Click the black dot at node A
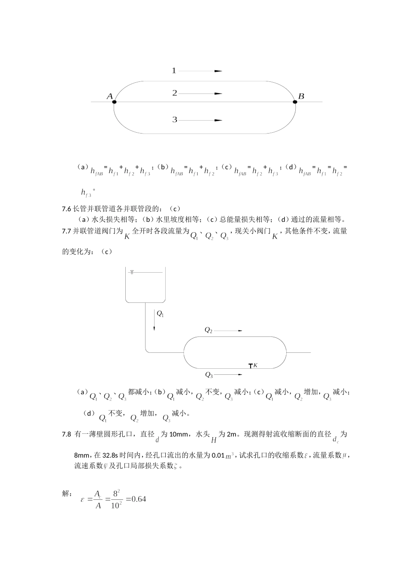click(x=114, y=102)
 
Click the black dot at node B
click(x=295, y=102)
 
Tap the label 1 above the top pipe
click(x=174, y=71)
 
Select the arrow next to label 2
click(x=200, y=93)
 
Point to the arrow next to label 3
click(x=200, y=120)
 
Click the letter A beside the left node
click(x=109, y=96)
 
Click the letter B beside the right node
click(x=301, y=96)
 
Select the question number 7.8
click(x=66, y=434)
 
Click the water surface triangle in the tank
click(x=132, y=272)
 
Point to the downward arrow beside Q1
click(x=154, y=321)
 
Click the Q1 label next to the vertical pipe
click(x=160, y=314)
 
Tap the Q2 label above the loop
click(x=208, y=330)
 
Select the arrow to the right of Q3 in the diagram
click(x=228, y=374)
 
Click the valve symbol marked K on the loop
click(x=251, y=366)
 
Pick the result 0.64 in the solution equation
click(x=139, y=499)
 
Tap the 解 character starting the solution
click(x=67, y=494)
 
